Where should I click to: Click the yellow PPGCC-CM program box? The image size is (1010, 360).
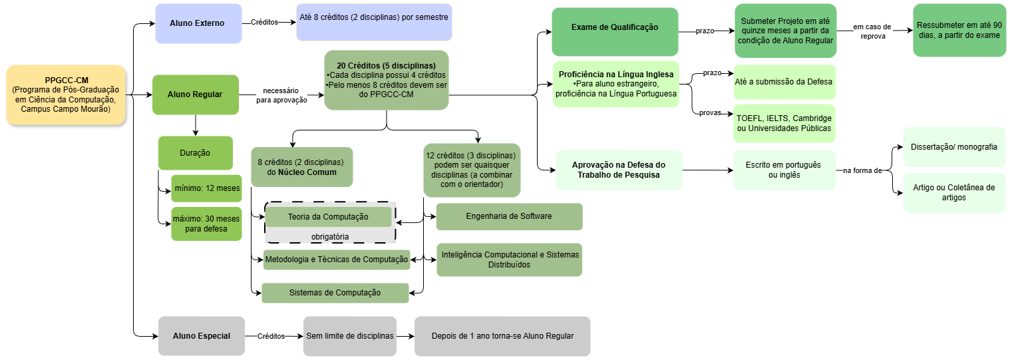(x=66, y=94)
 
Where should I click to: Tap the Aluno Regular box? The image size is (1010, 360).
(x=195, y=94)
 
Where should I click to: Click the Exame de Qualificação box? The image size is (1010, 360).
(x=614, y=28)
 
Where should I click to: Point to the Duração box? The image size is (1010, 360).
(x=195, y=153)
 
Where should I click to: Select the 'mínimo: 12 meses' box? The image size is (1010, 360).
(x=206, y=188)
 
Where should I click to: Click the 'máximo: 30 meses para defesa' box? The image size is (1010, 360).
(x=206, y=224)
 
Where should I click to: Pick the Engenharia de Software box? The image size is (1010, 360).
(x=508, y=216)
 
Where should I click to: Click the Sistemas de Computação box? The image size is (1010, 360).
(x=335, y=293)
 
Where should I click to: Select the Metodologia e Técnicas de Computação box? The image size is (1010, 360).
(x=336, y=260)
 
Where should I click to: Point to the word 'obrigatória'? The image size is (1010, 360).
(x=330, y=236)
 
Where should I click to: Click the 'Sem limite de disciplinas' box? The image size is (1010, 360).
(x=349, y=336)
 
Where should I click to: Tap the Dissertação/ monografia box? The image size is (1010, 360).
(x=953, y=147)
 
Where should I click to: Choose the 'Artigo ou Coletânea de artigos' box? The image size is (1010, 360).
(x=953, y=192)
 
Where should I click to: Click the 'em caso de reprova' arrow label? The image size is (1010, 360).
(x=872, y=31)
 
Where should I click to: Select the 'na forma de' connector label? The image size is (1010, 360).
(x=862, y=170)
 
